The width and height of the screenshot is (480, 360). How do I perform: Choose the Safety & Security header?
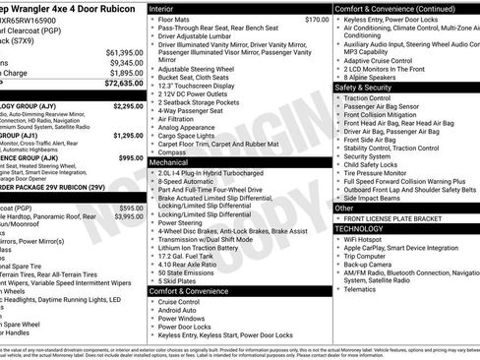click(364, 87)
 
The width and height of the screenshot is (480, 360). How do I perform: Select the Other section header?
click(344, 208)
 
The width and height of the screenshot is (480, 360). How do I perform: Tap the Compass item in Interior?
click(173, 152)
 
